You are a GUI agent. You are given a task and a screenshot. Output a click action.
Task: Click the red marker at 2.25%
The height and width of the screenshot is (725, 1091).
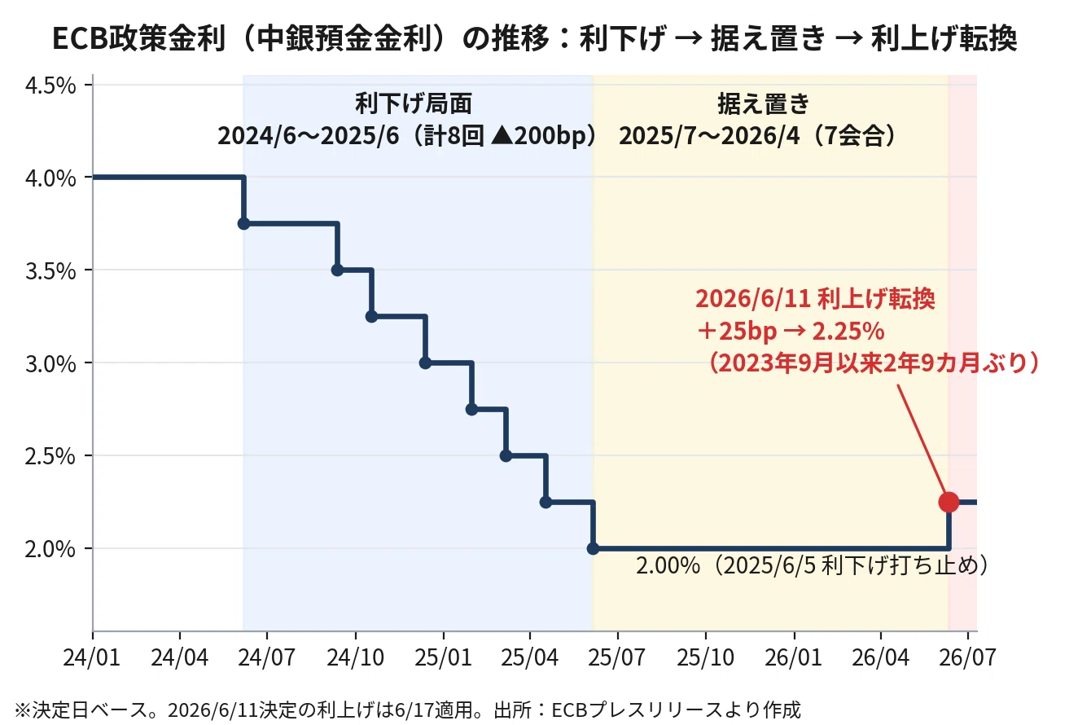949,502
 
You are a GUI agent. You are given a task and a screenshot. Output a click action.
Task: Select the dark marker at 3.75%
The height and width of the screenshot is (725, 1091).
243,224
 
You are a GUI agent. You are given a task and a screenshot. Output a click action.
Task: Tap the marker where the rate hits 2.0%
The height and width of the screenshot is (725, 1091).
593,548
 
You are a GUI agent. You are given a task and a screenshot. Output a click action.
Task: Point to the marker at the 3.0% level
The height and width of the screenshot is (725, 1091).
425,363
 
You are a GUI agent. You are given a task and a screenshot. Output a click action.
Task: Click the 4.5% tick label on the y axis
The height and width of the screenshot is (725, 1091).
50,86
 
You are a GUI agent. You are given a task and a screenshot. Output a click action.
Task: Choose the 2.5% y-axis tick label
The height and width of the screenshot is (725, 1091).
50,456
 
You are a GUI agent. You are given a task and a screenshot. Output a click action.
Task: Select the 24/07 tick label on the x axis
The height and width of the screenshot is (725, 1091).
266,657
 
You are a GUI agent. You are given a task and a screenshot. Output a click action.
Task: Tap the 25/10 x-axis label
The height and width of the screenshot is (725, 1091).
705,657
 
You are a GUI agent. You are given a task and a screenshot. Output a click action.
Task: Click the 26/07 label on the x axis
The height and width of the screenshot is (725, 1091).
968,657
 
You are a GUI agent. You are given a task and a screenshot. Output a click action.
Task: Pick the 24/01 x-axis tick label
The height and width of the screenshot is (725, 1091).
91,657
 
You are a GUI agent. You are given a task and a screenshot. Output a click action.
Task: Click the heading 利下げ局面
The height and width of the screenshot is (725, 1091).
414,103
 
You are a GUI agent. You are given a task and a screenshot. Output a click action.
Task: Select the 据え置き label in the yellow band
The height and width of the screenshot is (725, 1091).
763,103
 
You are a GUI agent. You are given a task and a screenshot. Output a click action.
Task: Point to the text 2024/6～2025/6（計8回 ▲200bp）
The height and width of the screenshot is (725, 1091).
408,135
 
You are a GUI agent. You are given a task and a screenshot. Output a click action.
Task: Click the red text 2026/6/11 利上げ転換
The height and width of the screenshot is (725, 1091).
815,299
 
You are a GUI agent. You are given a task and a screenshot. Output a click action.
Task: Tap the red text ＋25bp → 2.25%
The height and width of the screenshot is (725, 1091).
790,332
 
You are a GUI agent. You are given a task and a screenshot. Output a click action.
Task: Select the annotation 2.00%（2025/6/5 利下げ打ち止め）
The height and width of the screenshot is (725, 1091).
813,565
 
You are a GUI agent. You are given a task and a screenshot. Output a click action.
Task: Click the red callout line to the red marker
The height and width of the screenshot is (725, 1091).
922,441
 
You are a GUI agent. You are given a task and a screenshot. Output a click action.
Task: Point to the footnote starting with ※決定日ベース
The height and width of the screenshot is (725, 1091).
408,710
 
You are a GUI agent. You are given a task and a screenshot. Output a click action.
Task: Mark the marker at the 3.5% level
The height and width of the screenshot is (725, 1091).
337,270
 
